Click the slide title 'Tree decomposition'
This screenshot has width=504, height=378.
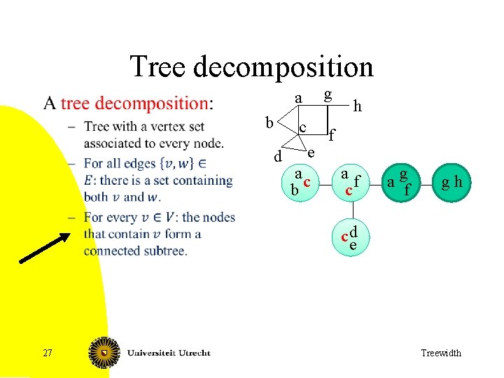(251, 67)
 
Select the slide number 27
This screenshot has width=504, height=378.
(47, 353)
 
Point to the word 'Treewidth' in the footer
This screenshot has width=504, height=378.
(441, 353)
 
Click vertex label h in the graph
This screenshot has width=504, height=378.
(358, 106)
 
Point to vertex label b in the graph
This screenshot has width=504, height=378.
(269, 123)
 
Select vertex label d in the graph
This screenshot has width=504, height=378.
(278, 157)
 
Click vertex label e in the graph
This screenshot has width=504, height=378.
(311, 152)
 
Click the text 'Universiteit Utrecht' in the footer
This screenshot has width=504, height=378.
(169, 352)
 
